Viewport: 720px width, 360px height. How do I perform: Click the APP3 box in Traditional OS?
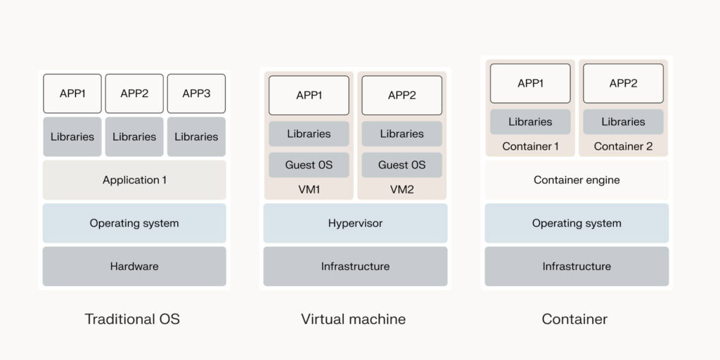[x=196, y=94]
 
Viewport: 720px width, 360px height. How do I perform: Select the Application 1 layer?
[x=134, y=180]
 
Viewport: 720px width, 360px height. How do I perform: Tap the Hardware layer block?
[x=134, y=266]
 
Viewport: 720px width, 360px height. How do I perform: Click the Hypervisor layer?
[x=355, y=223]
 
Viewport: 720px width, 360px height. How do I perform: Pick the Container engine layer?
[x=577, y=180]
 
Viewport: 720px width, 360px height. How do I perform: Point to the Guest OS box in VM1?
[x=309, y=165]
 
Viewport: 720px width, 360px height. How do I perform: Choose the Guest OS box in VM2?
[x=401, y=165]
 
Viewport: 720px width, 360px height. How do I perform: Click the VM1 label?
[x=309, y=190]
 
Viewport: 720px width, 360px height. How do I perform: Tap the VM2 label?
[x=401, y=190]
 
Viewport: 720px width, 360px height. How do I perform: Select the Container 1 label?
[x=530, y=146]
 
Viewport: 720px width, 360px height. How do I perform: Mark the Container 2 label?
[x=623, y=146]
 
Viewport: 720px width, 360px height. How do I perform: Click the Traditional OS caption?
[x=132, y=319]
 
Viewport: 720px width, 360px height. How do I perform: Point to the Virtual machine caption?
[x=353, y=319]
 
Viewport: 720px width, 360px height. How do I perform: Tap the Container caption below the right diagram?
[x=574, y=319]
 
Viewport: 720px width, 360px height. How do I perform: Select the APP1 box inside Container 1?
[x=530, y=83]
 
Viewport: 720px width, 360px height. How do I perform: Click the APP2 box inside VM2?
[x=401, y=95]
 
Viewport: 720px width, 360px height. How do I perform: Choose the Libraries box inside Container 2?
[x=623, y=122]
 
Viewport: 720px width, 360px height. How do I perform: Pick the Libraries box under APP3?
[x=196, y=136]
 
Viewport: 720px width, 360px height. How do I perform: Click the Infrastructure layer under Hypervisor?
[x=355, y=266]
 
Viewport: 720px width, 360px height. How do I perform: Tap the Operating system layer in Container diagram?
[x=577, y=223]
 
